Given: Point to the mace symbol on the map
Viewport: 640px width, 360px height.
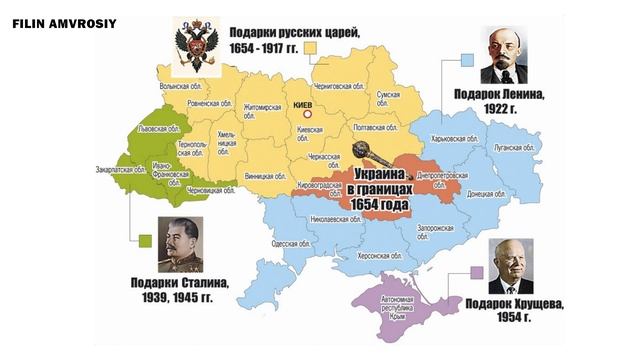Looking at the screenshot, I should coord(365,156).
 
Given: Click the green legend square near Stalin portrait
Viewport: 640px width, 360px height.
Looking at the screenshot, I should coord(146,239).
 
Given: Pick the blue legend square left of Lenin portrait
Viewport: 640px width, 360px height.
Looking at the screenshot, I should coord(466,60).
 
